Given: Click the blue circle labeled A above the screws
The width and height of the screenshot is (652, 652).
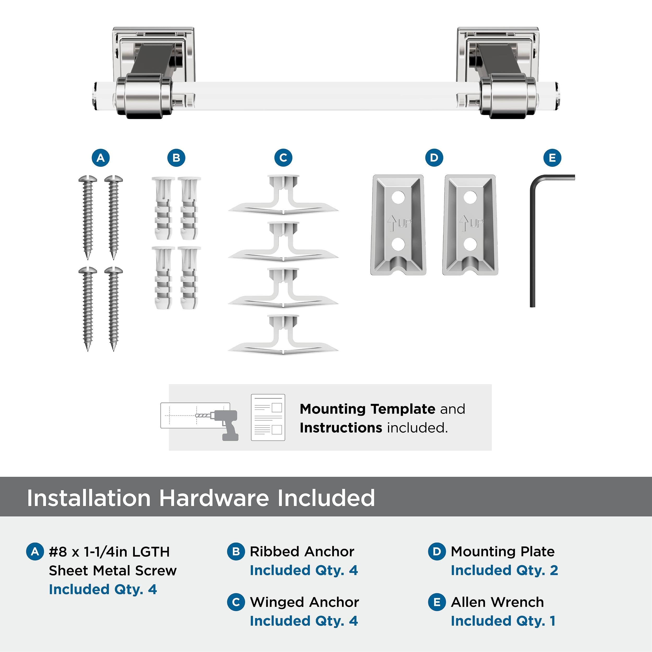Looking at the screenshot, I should point(101,158).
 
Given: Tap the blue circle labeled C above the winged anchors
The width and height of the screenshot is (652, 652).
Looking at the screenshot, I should point(283,158).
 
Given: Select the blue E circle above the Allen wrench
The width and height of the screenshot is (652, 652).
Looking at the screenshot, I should point(552,158).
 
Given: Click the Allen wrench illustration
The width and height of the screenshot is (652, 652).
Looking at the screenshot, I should point(533,236).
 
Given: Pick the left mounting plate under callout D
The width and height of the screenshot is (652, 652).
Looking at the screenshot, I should point(398,225).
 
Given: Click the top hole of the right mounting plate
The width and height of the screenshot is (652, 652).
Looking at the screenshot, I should point(470,197).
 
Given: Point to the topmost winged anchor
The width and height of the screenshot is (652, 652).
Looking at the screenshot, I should point(283,196).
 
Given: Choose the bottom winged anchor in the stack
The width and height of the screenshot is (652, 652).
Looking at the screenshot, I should point(283,336).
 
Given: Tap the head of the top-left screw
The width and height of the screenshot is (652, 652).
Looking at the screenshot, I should point(88,179).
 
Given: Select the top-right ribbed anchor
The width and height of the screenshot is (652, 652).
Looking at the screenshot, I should point(189,208).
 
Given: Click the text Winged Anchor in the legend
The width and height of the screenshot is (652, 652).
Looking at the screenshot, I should point(304,602).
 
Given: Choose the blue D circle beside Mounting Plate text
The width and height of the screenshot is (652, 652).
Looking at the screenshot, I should point(437,551).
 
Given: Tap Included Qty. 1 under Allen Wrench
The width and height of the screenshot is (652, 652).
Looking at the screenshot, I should point(503,621).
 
